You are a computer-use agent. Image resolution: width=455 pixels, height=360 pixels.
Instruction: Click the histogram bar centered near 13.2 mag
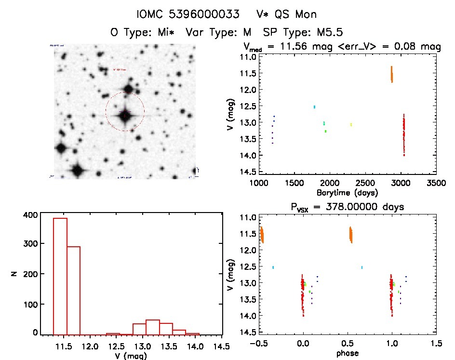click(x=152, y=327)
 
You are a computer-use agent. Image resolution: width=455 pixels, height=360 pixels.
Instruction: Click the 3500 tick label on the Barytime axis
click(x=436, y=183)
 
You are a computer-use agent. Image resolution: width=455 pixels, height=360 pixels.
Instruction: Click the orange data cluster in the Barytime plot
click(x=392, y=75)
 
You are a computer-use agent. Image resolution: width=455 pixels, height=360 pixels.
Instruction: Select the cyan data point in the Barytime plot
click(x=314, y=107)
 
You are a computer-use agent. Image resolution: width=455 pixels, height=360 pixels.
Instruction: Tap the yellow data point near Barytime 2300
click(x=351, y=125)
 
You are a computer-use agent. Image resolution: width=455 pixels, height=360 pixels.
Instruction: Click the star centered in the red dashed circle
click(x=125, y=114)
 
